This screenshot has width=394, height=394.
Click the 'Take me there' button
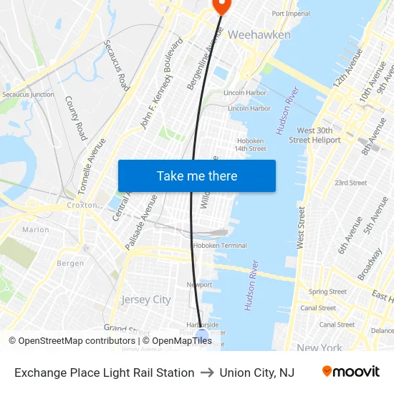(196, 176)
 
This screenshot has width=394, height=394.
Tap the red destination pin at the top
(221, 6)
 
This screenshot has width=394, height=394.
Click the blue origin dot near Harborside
(202, 335)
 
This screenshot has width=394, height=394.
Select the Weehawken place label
(259, 34)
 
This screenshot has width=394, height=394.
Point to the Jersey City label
(146, 299)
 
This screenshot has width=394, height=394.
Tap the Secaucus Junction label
(28, 94)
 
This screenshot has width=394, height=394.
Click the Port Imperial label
(291, 14)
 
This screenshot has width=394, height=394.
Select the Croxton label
(82, 205)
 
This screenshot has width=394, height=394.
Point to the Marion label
(36, 230)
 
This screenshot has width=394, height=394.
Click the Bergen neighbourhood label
(70, 264)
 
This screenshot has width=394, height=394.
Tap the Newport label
(199, 284)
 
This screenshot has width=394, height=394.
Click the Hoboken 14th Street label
(250, 145)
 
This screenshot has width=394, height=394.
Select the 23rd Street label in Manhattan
(350, 183)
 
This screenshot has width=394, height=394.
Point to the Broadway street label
(370, 263)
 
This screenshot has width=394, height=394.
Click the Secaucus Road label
(115, 70)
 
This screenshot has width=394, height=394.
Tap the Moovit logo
(350, 372)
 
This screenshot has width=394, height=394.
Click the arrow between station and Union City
(207, 373)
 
